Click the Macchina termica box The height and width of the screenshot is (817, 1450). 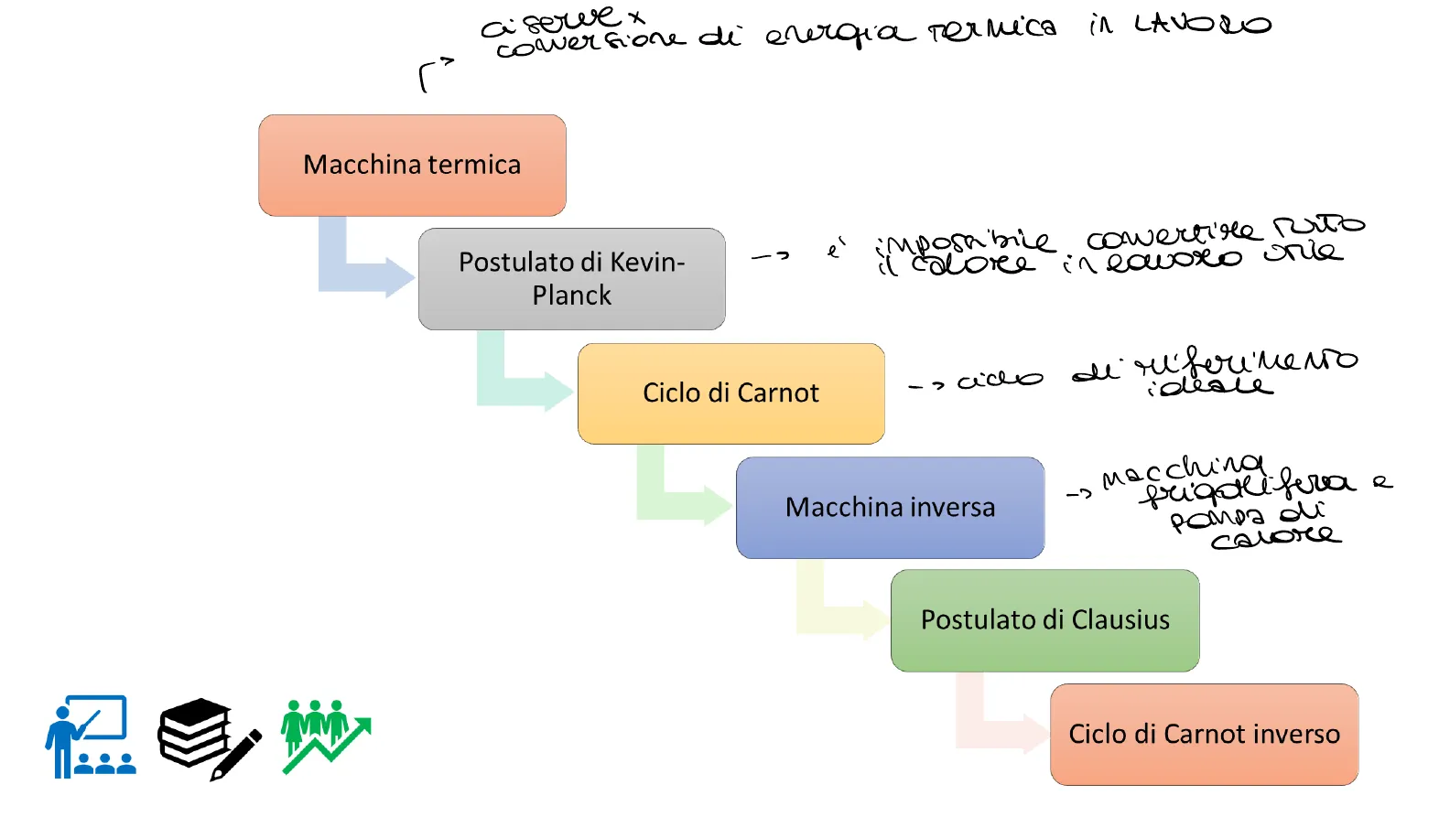coord(412,166)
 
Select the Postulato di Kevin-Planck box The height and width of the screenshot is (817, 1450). coord(571,279)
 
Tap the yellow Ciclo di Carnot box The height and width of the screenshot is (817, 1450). coord(730,393)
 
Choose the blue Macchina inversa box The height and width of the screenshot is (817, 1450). coord(890,508)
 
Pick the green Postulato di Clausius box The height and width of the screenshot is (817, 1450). coord(1044,620)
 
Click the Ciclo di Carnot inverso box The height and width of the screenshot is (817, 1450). coord(1204,735)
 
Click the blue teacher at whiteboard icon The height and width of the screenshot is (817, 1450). coord(90,736)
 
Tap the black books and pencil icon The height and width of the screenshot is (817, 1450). coord(209,738)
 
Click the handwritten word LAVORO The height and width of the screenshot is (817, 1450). coord(1202,25)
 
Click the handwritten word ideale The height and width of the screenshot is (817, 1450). coord(1208,386)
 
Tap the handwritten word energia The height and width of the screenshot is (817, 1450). coord(839,35)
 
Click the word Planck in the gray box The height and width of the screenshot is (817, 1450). coord(571,296)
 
